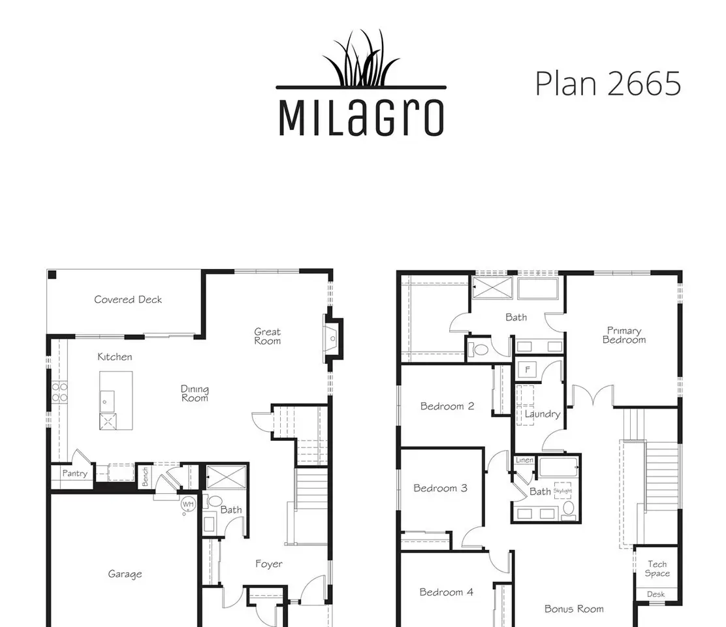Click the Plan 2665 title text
pyautogui.click(x=608, y=84)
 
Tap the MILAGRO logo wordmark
pyautogui.click(x=361, y=117)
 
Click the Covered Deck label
pyautogui.click(x=128, y=300)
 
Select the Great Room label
pyautogui.click(x=267, y=336)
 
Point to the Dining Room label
pyautogui.click(x=195, y=394)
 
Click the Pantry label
pyautogui.click(x=74, y=474)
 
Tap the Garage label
pyautogui.click(x=125, y=574)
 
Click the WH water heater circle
pyautogui.click(x=188, y=504)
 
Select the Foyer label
pyautogui.click(x=269, y=564)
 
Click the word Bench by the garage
pyautogui.click(x=145, y=477)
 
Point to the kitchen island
pyautogui.click(x=116, y=400)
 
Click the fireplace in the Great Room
pyautogui.click(x=333, y=338)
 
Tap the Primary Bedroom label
pyautogui.click(x=624, y=335)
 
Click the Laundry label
pyautogui.click(x=542, y=414)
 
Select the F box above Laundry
pyautogui.click(x=527, y=370)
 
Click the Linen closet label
pyautogui.click(x=524, y=460)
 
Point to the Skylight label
pyautogui.click(x=563, y=490)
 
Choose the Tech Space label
pyautogui.click(x=657, y=569)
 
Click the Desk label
pyautogui.click(x=655, y=594)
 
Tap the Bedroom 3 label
pyautogui.click(x=440, y=488)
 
